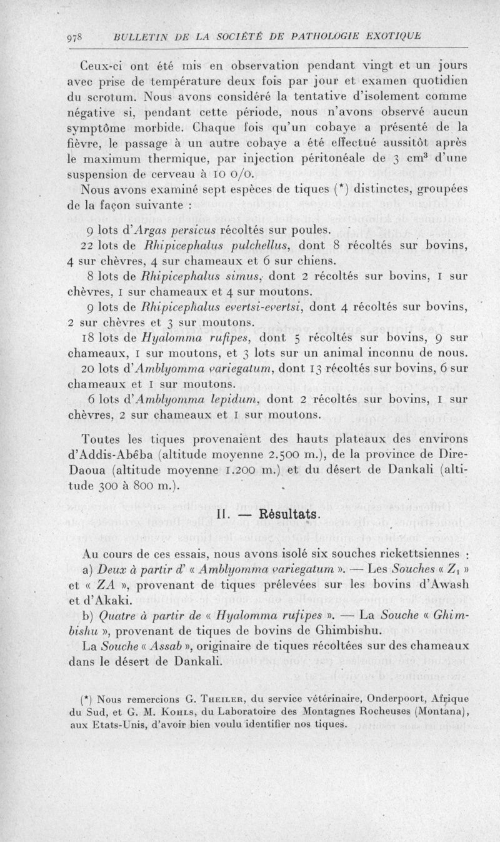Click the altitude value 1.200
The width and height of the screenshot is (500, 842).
coord(259,469)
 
